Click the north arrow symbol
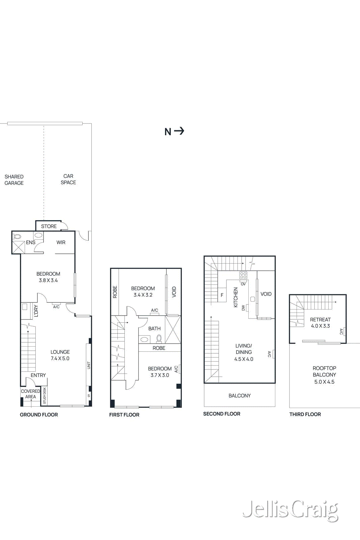click(x=174, y=131)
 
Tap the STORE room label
click(x=49, y=226)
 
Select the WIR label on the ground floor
click(x=61, y=243)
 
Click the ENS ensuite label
click(x=31, y=243)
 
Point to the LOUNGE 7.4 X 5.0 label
click(x=60, y=355)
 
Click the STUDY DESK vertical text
click(x=45, y=396)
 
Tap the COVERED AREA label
click(x=30, y=394)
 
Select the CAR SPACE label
click(x=68, y=179)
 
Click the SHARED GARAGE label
click(x=14, y=180)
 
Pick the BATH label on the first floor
click(x=155, y=329)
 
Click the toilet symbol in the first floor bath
click(x=159, y=338)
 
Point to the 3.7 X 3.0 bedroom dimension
click(x=160, y=375)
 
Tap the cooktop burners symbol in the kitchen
click(x=243, y=275)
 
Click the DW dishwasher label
click(x=243, y=307)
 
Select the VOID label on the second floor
click(x=266, y=294)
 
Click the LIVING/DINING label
click(x=244, y=349)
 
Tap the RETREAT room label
click(x=320, y=320)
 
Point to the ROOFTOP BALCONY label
click(x=324, y=372)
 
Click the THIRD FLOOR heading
click(x=305, y=414)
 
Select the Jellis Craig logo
click(x=290, y=510)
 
